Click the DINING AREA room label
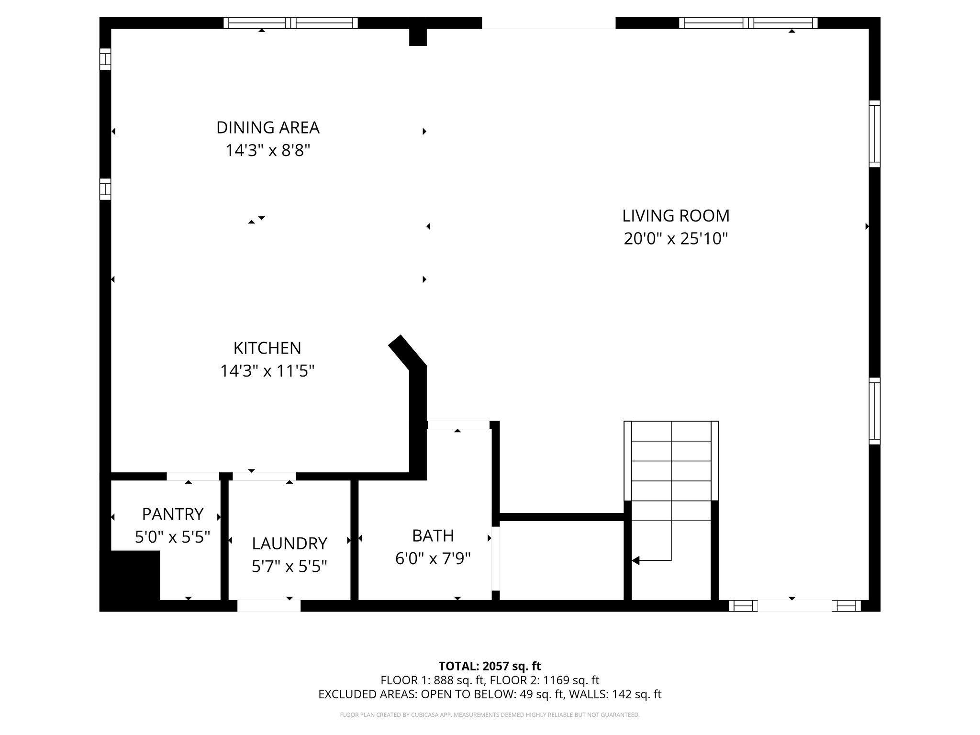tap(267, 128)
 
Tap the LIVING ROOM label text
tap(676, 216)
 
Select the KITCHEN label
tap(267, 348)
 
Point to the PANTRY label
tap(173, 514)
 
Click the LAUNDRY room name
tap(290, 544)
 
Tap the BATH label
tap(433, 535)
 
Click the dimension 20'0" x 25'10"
tap(676, 238)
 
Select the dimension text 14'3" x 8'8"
tap(267, 151)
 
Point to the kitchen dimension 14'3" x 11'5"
tap(267, 371)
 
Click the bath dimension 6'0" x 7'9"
tap(433, 558)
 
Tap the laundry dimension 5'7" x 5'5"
tap(290, 567)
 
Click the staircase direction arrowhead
tap(636, 560)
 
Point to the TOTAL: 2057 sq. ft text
tap(490, 666)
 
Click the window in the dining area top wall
tap(290, 23)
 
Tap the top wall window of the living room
tap(748, 23)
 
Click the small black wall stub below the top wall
tap(418, 37)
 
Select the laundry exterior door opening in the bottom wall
tap(269, 605)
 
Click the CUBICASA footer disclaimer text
tap(490, 715)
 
